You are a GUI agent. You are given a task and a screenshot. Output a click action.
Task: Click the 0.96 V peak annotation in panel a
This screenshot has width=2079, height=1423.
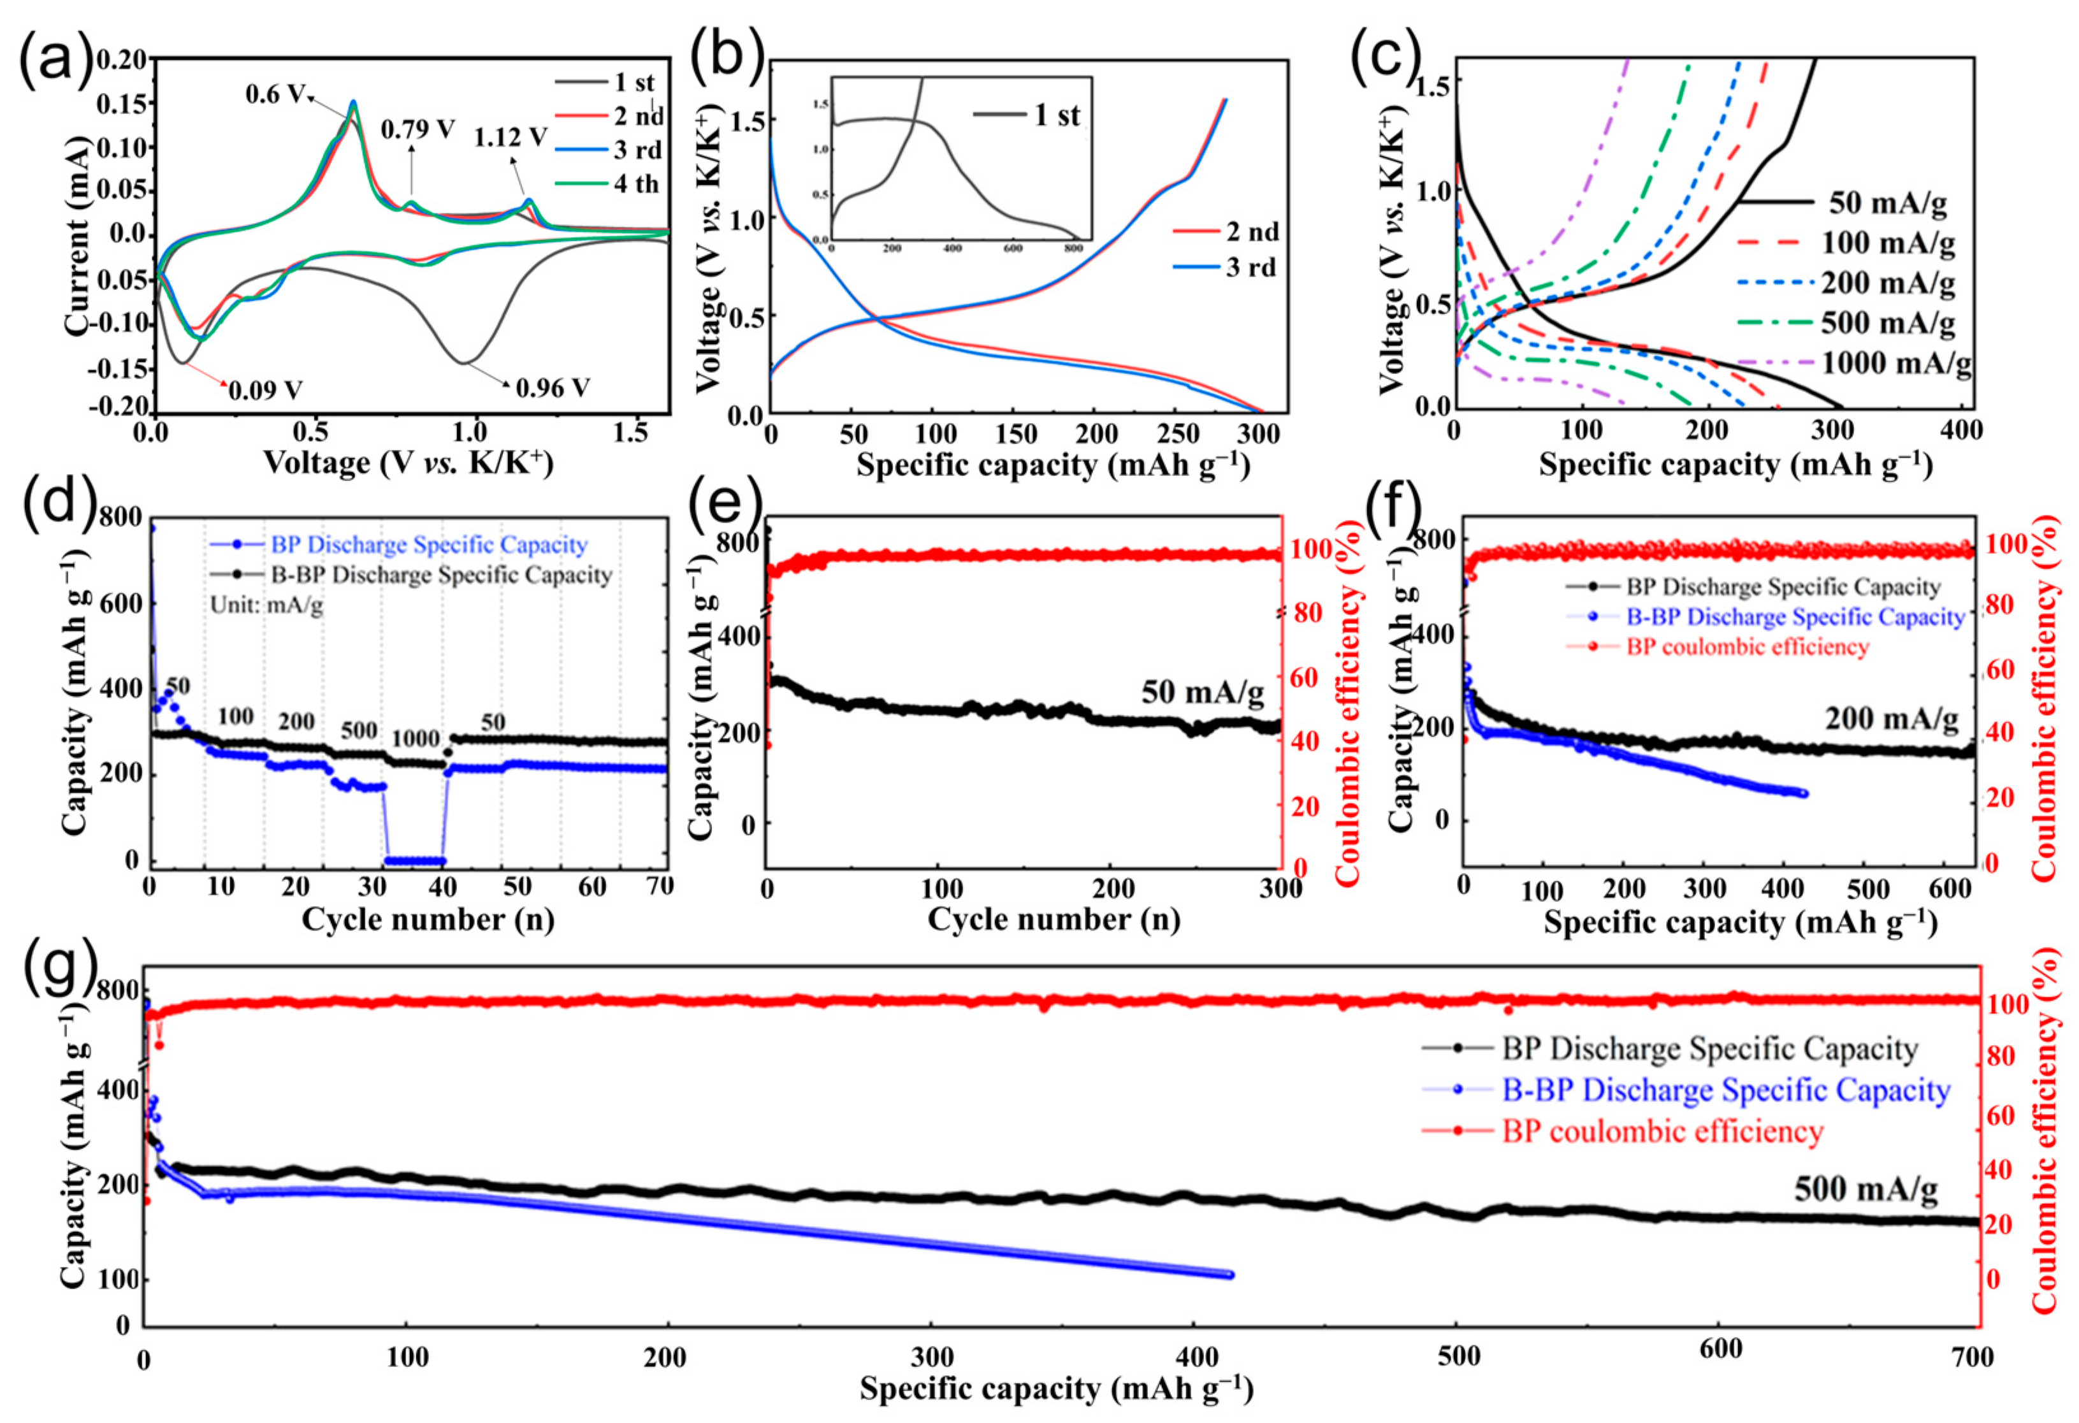[552, 388]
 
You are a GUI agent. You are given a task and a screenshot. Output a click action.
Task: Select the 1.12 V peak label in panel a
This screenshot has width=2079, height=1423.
[510, 137]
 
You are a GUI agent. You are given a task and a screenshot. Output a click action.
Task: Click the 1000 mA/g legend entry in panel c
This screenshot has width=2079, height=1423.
[1895, 363]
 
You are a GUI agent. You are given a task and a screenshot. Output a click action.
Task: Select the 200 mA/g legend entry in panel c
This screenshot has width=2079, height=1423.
[1888, 283]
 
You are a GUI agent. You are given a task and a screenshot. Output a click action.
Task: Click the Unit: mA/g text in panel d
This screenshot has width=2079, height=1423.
[266, 605]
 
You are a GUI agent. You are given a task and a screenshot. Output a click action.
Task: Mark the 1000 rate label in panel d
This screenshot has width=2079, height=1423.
[416, 739]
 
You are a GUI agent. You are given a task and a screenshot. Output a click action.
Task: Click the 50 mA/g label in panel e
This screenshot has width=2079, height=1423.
[1202, 692]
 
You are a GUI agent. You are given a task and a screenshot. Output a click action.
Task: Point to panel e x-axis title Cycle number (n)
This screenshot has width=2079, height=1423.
[1053, 920]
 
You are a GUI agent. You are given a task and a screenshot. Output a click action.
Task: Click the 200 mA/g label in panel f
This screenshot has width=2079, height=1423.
[1891, 718]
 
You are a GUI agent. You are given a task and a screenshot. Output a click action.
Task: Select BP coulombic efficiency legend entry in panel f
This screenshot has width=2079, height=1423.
[1746, 647]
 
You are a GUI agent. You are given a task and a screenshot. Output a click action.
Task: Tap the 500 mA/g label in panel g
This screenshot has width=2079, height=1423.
[1866, 1188]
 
